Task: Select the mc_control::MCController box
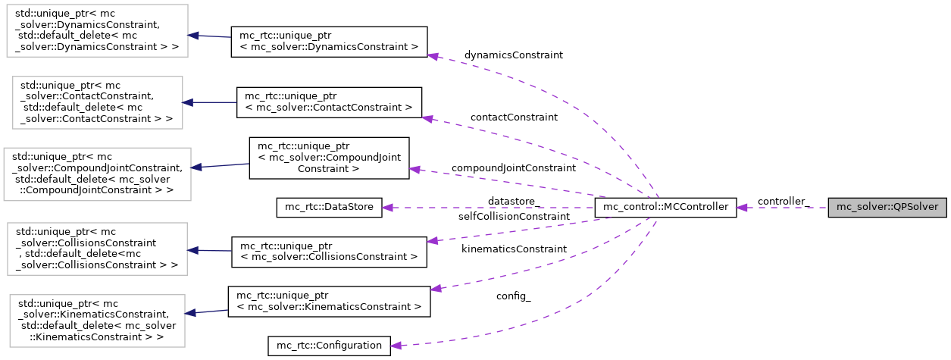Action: (x=665, y=207)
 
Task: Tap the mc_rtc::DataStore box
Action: (x=329, y=207)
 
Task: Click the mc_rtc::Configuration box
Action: (x=329, y=346)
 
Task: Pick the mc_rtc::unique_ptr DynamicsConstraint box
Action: (x=329, y=41)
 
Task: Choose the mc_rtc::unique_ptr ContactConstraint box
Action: (x=329, y=102)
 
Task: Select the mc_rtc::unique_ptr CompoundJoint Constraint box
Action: (x=329, y=158)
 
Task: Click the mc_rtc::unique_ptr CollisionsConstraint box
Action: (x=329, y=251)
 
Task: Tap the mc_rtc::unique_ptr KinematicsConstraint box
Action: (x=329, y=301)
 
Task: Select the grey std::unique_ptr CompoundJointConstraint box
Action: (x=97, y=174)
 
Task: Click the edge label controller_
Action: (x=784, y=202)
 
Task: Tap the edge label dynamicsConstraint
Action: (x=513, y=55)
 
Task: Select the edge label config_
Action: (x=513, y=296)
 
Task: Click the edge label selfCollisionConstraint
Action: (x=513, y=217)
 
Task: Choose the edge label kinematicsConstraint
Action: (x=513, y=249)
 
